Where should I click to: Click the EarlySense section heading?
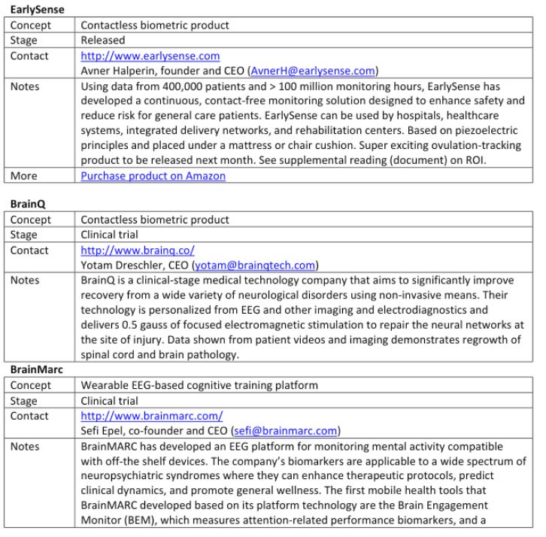35,11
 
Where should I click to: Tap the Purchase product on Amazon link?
153,177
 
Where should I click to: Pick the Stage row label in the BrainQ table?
25,235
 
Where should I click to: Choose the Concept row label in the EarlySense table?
30,26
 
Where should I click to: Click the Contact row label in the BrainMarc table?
30,416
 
